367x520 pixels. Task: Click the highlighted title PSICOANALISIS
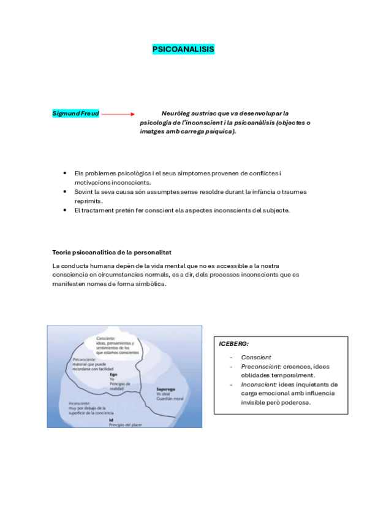click(x=183, y=50)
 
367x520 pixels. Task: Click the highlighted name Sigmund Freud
click(x=75, y=113)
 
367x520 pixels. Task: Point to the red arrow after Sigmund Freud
click(x=118, y=114)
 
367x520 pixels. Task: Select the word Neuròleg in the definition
click(x=178, y=113)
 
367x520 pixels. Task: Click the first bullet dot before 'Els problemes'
click(x=66, y=174)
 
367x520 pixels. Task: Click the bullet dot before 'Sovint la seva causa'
click(x=66, y=191)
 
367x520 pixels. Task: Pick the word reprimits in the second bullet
click(x=89, y=201)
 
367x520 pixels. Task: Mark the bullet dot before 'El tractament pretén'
click(x=66, y=210)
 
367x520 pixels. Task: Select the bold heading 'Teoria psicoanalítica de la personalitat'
click(x=112, y=252)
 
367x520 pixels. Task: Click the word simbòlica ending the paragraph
click(x=149, y=284)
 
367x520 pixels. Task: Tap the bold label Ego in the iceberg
click(x=113, y=373)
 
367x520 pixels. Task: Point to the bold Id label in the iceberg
click(x=112, y=419)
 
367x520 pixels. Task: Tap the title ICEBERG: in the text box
click(x=234, y=344)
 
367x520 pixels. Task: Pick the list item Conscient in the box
click(x=256, y=357)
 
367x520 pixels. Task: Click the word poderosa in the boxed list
click(x=293, y=403)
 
